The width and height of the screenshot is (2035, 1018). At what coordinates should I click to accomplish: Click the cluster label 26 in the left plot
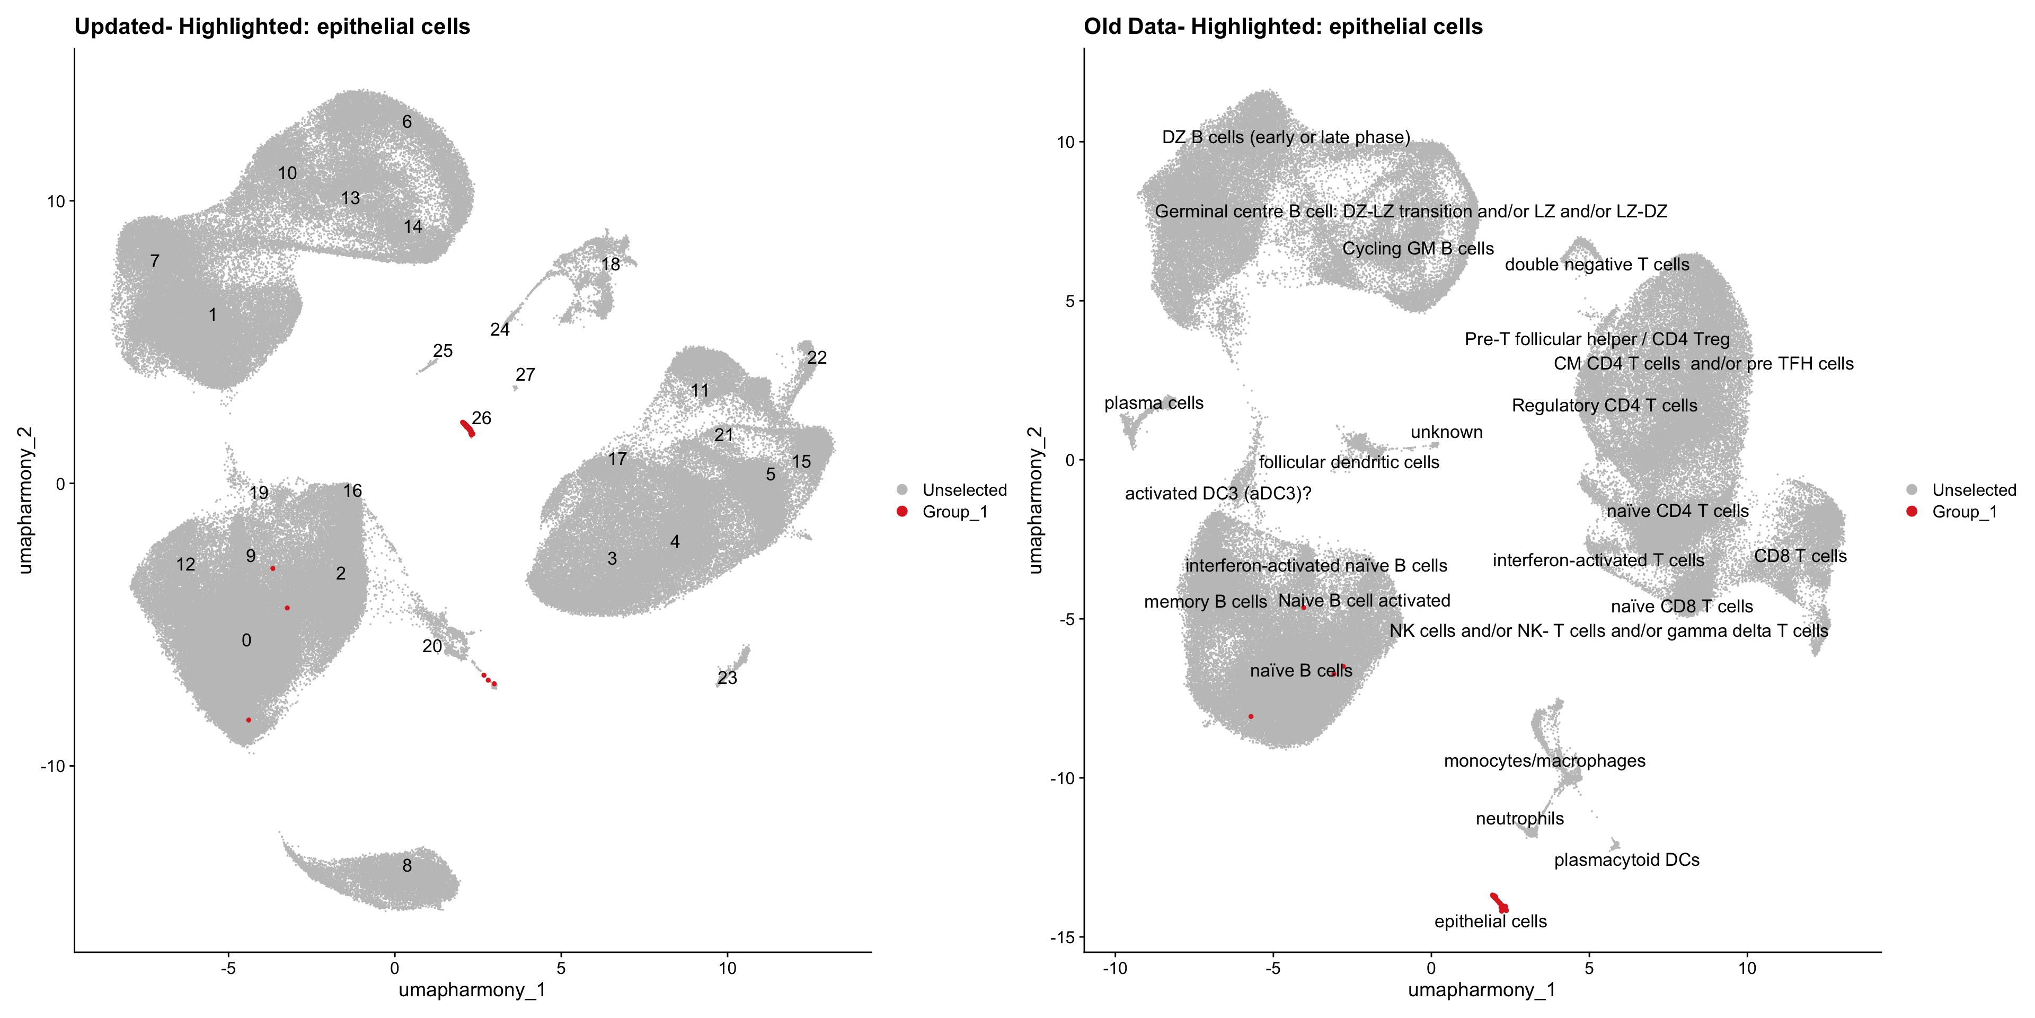[x=481, y=418]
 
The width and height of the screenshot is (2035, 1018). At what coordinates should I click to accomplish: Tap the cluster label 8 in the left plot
[x=407, y=865]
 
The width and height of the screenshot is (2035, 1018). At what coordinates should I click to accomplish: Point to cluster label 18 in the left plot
[x=610, y=264]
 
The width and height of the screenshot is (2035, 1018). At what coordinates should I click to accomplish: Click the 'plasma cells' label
[x=1153, y=403]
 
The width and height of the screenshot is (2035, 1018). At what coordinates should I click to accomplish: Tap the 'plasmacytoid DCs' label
[x=1626, y=860]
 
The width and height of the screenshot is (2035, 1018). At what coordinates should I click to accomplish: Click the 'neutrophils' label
[x=1519, y=819]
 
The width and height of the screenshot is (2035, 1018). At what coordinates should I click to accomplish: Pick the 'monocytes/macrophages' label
[x=1544, y=761]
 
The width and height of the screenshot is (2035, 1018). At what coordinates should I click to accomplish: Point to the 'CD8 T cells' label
[x=1800, y=556]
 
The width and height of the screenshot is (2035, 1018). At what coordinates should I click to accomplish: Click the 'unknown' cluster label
[x=1446, y=432]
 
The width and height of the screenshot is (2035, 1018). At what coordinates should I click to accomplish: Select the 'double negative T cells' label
[x=1597, y=265]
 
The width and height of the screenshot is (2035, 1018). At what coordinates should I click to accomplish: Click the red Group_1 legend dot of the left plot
[x=902, y=511]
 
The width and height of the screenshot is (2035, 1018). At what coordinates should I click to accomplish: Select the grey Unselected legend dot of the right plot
[x=1912, y=490]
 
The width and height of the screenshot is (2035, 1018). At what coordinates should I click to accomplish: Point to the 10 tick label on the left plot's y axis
[x=55, y=201]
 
